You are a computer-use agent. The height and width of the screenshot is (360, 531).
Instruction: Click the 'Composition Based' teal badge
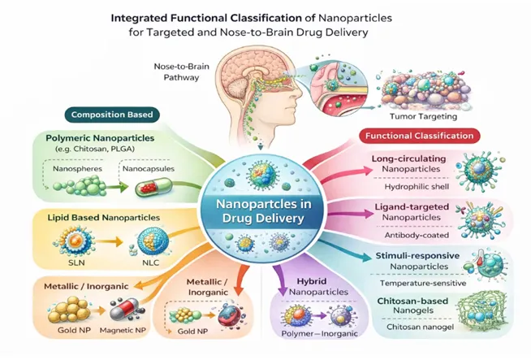coord(112,115)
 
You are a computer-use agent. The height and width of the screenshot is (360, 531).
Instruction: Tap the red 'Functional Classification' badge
coord(419,136)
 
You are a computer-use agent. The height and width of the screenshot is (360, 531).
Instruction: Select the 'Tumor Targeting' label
coord(423,116)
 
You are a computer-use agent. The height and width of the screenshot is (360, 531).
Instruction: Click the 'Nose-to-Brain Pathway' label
coord(181,72)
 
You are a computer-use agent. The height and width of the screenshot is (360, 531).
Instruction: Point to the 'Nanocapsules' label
coord(149,168)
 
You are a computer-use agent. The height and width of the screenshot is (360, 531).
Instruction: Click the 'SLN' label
coord(76,262)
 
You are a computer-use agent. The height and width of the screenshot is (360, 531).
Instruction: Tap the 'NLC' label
coord(150,262)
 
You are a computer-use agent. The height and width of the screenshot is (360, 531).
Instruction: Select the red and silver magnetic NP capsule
coord(125,309)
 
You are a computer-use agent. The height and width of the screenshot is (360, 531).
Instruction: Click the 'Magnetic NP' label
coord(123,330)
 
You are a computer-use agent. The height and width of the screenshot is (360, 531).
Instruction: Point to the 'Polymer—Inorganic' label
coord(319,333)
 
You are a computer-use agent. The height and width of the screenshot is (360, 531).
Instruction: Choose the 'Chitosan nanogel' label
coord(421,327)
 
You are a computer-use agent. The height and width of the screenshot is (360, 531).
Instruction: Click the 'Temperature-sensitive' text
coord(423,283)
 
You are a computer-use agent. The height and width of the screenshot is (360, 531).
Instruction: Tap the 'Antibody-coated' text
coord(417,235)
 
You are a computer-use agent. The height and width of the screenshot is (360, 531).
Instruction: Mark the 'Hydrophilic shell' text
coord(417,186)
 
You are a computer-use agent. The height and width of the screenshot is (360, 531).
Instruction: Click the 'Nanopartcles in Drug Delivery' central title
coord(263,211)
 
